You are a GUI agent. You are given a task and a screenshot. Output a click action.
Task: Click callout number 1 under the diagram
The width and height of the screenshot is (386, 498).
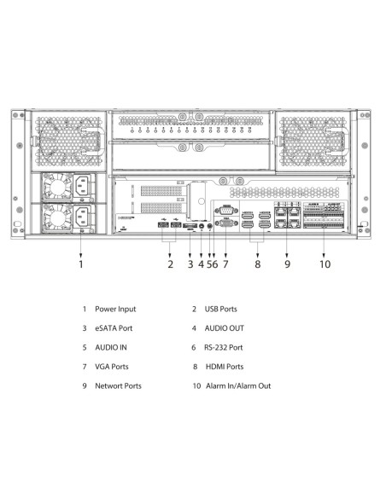pos(81,264)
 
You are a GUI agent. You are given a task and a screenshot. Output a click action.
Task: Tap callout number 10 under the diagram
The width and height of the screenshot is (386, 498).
pos(325,264)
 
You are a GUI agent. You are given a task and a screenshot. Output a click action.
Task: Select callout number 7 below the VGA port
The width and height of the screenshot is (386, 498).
pos(225,264)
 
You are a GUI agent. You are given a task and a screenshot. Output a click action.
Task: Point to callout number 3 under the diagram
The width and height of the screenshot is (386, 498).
pos(190,264)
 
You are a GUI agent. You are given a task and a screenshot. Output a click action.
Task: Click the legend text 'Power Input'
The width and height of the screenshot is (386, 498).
pos(115,309)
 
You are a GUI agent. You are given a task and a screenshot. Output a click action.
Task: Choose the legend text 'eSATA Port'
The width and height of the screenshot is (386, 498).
pos(114,328)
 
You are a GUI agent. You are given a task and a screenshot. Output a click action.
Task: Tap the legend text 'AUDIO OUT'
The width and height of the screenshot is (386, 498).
pos(224,328)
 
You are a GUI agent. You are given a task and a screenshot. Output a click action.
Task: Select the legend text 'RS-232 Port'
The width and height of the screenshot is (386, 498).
pos(223,347)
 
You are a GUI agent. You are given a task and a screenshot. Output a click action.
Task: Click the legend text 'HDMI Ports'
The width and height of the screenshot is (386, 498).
pos(225,367)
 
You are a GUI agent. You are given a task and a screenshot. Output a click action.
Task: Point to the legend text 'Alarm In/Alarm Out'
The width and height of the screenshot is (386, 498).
pos(238,386)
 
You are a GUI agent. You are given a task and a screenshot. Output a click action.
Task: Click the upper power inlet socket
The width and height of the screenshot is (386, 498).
pos(83,186)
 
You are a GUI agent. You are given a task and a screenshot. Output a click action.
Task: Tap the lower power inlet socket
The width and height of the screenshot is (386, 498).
pos(83,217)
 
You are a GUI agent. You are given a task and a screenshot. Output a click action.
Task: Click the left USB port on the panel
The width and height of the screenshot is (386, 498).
pos(163,225)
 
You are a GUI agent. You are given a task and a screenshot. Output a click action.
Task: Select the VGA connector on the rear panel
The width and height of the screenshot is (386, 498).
pos(226,223)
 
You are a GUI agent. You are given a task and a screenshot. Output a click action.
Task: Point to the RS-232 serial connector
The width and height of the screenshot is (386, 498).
pos(226,211)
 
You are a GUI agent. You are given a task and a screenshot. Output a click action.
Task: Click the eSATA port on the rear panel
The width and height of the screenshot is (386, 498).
pos(190,225)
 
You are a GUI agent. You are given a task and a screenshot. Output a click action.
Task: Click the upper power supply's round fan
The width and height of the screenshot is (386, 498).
pos(58,187)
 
